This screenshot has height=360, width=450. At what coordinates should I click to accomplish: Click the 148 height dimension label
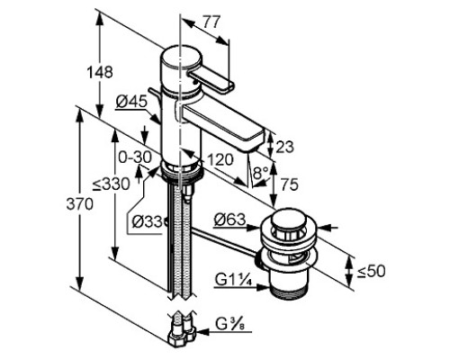(x=100, y=72)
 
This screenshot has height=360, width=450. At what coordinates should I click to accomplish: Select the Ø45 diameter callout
(x=131, y=102)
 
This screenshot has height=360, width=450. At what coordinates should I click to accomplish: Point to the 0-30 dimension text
(x=135, y=157)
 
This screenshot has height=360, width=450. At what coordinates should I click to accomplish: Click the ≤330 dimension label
(x=111, y=184)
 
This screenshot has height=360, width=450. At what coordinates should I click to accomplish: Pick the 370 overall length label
(x=79, y=204)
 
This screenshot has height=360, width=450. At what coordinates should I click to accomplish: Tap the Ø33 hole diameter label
(x=147, y=222)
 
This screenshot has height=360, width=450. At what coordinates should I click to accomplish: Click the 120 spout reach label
(x=220, y=159)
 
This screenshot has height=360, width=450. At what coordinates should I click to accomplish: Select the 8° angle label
(x=261, y=173)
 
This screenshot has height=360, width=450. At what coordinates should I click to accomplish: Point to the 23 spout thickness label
(x=284, y=147)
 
